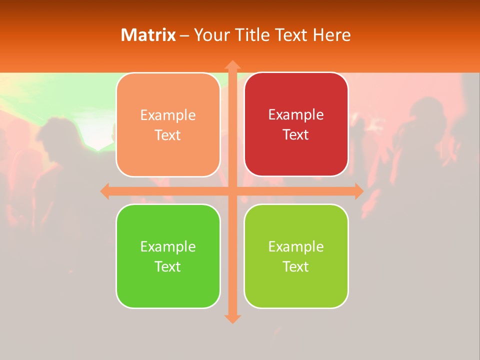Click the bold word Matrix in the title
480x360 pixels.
pyautogui.click(x=148, y=35)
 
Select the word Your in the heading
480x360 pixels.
pyautogui.click(x=210, y=35)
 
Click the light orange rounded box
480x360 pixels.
pyautogui.click(x=168, y=125)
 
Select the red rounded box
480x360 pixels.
pyautogui.click(x=296, y=124)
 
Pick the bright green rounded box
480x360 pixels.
pyautogui.click(x=168, y=256)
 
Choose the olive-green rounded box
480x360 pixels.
pyautogui.click(x=296, y=256)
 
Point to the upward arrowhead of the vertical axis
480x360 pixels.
pyautogui.click(x=232, y=65)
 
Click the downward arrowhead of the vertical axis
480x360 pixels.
pyautogui.click(x=232, y=318)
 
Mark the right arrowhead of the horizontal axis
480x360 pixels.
pyautogui.click(x=358, y=191)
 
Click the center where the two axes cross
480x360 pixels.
pyautogui.click(x=232, y=191)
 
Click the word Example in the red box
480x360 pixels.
pyautogui.click(x=296, y=114)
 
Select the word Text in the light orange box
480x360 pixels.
pyautogui.click(x=168, y=135)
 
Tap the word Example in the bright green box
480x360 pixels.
pyautogui.click(x=168, y=246)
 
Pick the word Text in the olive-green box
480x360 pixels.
pyautogui.click(x=296, y=266)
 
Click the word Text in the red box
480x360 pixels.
pyautogui.click(x=296, y=134)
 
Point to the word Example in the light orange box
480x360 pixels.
pyautogui.click(x=168, y=115)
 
